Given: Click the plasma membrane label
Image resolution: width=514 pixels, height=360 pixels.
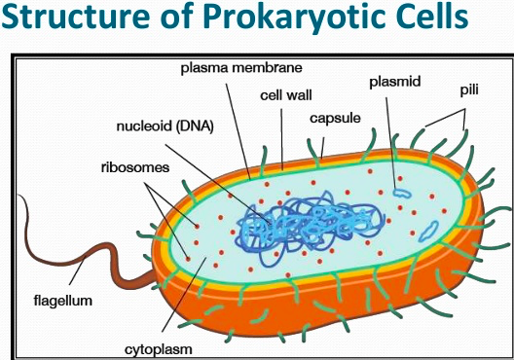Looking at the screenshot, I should click(x=241, y=68).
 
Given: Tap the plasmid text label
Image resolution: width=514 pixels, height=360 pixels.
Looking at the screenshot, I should click(x=394, y=83).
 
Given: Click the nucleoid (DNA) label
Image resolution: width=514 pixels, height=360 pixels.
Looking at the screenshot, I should click(x=161, y=125).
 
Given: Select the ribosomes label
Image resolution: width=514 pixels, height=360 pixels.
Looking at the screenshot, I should click(x=135, y=167).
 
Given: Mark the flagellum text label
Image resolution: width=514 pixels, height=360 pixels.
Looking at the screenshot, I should click(x=61, y=301).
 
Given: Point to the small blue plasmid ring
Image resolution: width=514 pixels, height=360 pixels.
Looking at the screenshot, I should click(x=401, y=193).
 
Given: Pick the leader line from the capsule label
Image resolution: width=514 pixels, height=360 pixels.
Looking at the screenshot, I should click(x=323, y=142).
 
